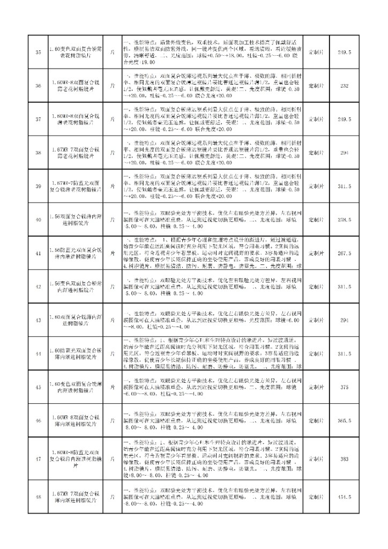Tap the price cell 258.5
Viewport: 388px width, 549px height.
(x=345, y=219)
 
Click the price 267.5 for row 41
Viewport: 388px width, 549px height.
(x=345, y=252)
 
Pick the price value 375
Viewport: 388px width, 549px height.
(x=345, y=387)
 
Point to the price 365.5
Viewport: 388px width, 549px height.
(x=345, y=421)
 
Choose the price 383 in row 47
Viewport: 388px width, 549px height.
(x=345, y=459)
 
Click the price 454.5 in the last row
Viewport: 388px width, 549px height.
(x=345, y=497)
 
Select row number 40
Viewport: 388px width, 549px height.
(x=38, y=219)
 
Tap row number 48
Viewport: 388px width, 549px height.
(x=38, y=497)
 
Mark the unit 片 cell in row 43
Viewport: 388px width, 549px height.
(x=112, y=320)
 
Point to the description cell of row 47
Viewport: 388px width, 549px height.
(x=214, y=459)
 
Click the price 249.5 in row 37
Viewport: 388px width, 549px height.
(x=345, y=119)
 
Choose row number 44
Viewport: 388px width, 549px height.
(x=38, y=353)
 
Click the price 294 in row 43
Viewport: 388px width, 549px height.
(x=345, y=320)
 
